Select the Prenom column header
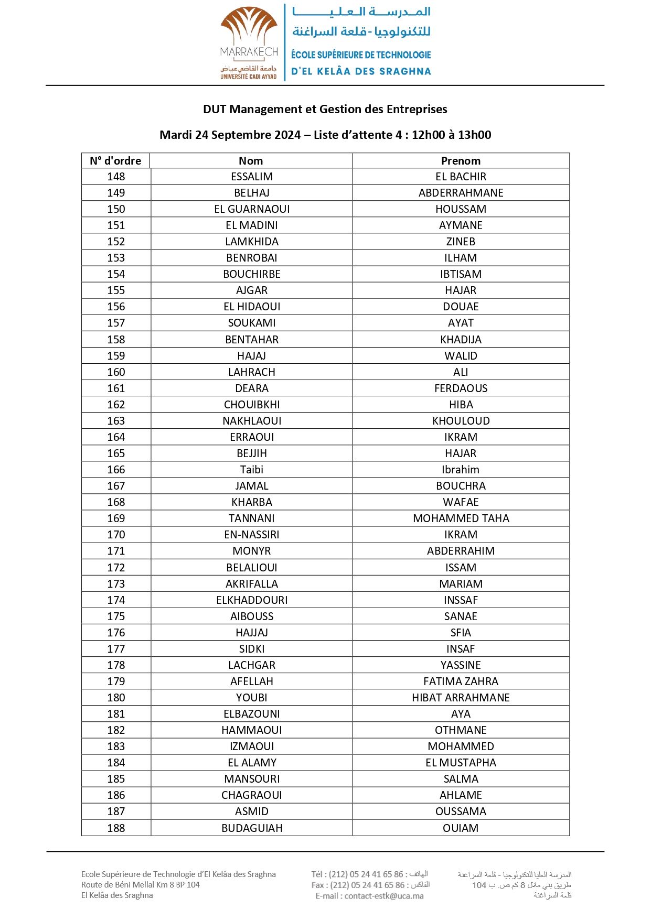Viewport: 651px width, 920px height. [461, 161]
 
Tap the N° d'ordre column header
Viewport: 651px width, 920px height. [115, 161]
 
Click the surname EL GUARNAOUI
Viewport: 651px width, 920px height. [252, 209]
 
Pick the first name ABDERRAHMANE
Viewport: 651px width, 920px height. [461, 193]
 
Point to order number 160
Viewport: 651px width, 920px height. [116, 372]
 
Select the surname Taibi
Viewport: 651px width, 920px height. [252, 470]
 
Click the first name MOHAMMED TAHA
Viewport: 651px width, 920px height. [461, 518]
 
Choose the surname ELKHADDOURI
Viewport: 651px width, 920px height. [252, 600]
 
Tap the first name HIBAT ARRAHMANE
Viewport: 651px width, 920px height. [461, 698]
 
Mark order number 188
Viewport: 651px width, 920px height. [116, 828]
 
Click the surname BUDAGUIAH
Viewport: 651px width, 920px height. [252, 828]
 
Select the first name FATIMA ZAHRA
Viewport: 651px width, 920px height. [461, 681]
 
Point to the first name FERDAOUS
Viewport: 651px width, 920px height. [461, 388]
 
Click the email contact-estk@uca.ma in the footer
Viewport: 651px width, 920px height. [384, 896]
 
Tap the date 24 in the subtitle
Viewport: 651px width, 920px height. [201, 135]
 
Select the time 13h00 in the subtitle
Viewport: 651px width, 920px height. [474, 135]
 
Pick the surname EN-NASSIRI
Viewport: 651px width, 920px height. [252, 535]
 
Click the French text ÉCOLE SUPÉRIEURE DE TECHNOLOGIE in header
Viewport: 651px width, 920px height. [361, 55]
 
